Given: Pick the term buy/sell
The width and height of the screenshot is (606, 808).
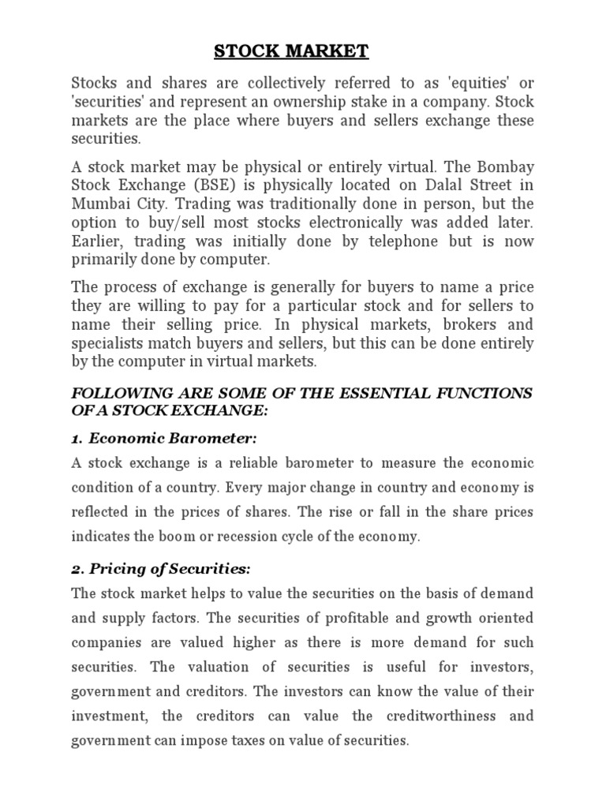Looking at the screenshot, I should (170, 223).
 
